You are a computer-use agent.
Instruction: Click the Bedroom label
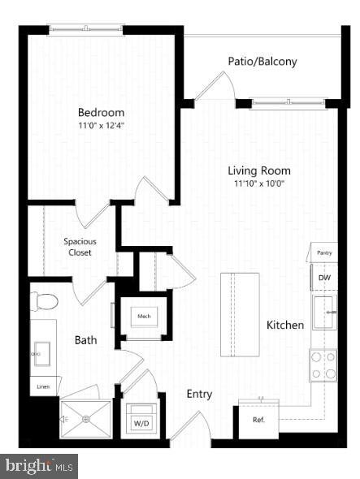[x=101, y=112]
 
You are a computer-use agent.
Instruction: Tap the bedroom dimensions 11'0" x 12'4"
[x=101, y=126]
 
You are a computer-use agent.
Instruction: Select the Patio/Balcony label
[x=261, y=62]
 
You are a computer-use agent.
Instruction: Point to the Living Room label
[x=258, y=170]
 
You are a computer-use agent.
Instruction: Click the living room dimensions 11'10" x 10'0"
[x=258, y=183]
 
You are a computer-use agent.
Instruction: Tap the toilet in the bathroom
[x=45, y=302]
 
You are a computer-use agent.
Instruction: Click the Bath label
[x=86, y=340]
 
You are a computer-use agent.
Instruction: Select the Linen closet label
[x=42, y=387]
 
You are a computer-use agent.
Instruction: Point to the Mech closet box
[x=144, y=317]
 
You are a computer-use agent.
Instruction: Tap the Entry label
[x=199, y=395]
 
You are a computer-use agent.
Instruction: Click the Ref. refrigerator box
[x=258, y=419]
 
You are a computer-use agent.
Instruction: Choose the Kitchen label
[x=285, y=325]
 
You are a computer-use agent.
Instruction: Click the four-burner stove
[x=323, y=365]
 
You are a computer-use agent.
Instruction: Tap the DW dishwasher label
[x=323, y=278]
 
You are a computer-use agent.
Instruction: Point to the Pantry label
[x=323, y=253]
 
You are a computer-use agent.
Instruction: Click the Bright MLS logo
[x=39, y=466]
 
